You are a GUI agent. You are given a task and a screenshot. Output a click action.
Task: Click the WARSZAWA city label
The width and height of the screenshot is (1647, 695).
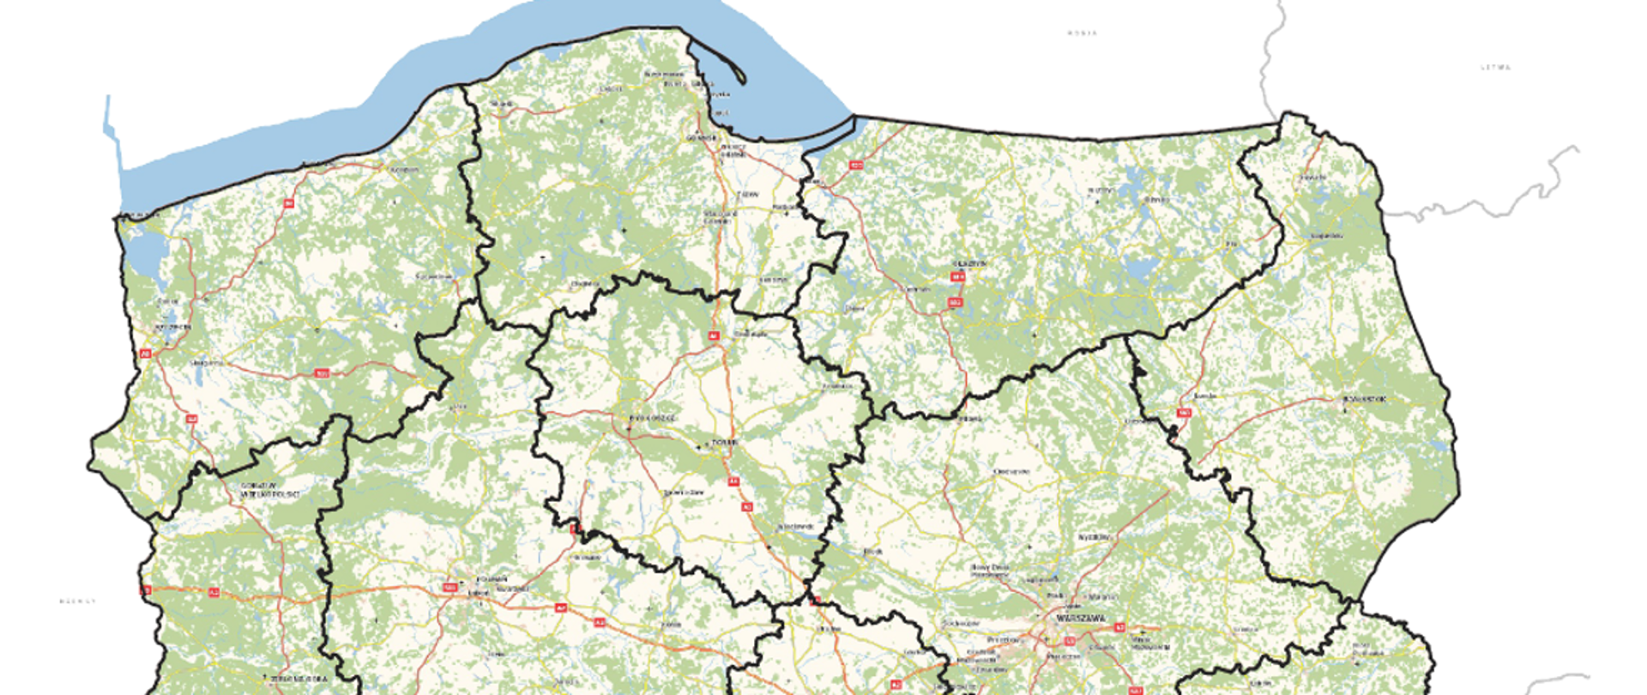coord(1082,618)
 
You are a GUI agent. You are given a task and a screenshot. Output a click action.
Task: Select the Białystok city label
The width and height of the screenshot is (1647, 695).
coord(1364,400)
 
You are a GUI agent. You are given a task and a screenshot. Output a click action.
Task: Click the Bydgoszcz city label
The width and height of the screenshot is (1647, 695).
coord(653,418)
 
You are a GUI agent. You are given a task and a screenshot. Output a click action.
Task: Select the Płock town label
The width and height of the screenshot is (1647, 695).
coord(873,551)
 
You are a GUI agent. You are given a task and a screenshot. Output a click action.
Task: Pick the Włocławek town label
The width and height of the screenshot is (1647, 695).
coord(793,525)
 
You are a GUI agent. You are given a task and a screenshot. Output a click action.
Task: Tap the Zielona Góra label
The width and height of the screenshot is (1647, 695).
coord(299,679)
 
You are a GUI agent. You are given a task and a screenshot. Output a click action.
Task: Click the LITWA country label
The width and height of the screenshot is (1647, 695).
coord(1496,67)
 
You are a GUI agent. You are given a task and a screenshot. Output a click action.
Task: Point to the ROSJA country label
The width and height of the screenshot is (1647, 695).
coord(1082,33)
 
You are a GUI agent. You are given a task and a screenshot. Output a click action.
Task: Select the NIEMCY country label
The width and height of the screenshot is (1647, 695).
coord(77,601)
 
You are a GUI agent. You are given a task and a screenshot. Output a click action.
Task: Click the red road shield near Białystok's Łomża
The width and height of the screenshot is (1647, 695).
coord(1185,413)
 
